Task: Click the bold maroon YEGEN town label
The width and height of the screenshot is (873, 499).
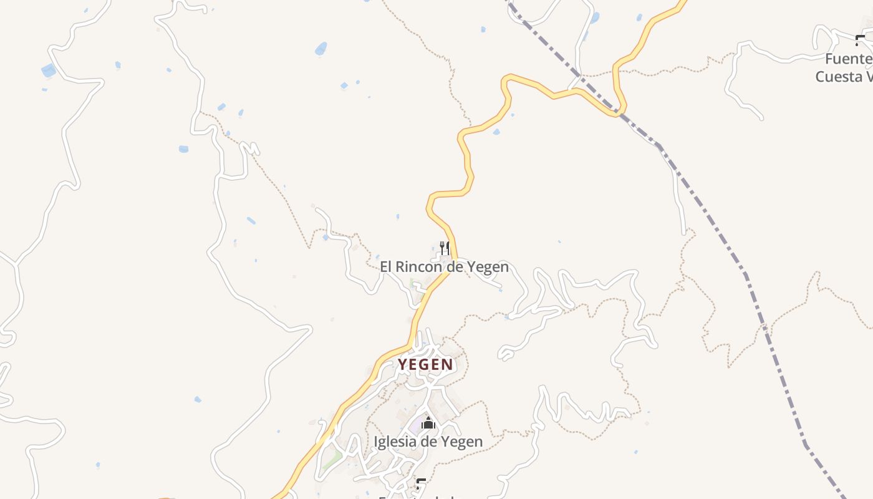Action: click(425, 364)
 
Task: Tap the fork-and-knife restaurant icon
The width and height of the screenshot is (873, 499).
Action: click(445, 248)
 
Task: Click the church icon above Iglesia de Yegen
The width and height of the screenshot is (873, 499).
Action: click(428, 423)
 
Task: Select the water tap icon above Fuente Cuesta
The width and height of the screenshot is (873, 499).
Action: click(862, 42)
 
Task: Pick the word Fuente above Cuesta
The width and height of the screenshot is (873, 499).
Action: click(848, 59)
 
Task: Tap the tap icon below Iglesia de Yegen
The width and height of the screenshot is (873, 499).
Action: click(422, 483)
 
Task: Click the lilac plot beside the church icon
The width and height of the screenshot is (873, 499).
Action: click(415, 428)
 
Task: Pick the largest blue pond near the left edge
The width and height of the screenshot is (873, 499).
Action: click(49, 70)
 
